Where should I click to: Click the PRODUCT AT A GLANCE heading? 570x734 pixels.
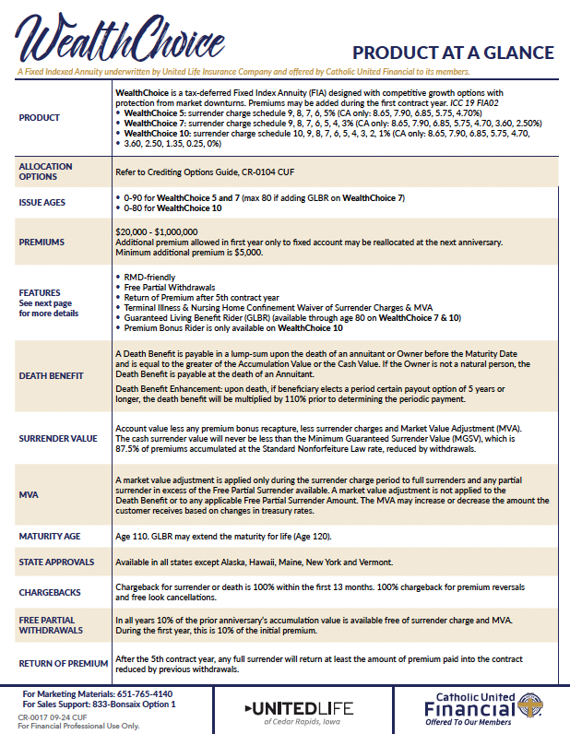[453, 52]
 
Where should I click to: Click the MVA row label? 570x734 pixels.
[28, 493]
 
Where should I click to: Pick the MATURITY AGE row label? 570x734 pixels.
[49, 535]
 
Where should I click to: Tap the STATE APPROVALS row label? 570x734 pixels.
[55, 562]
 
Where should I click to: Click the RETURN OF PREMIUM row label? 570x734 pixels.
[58, 663]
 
